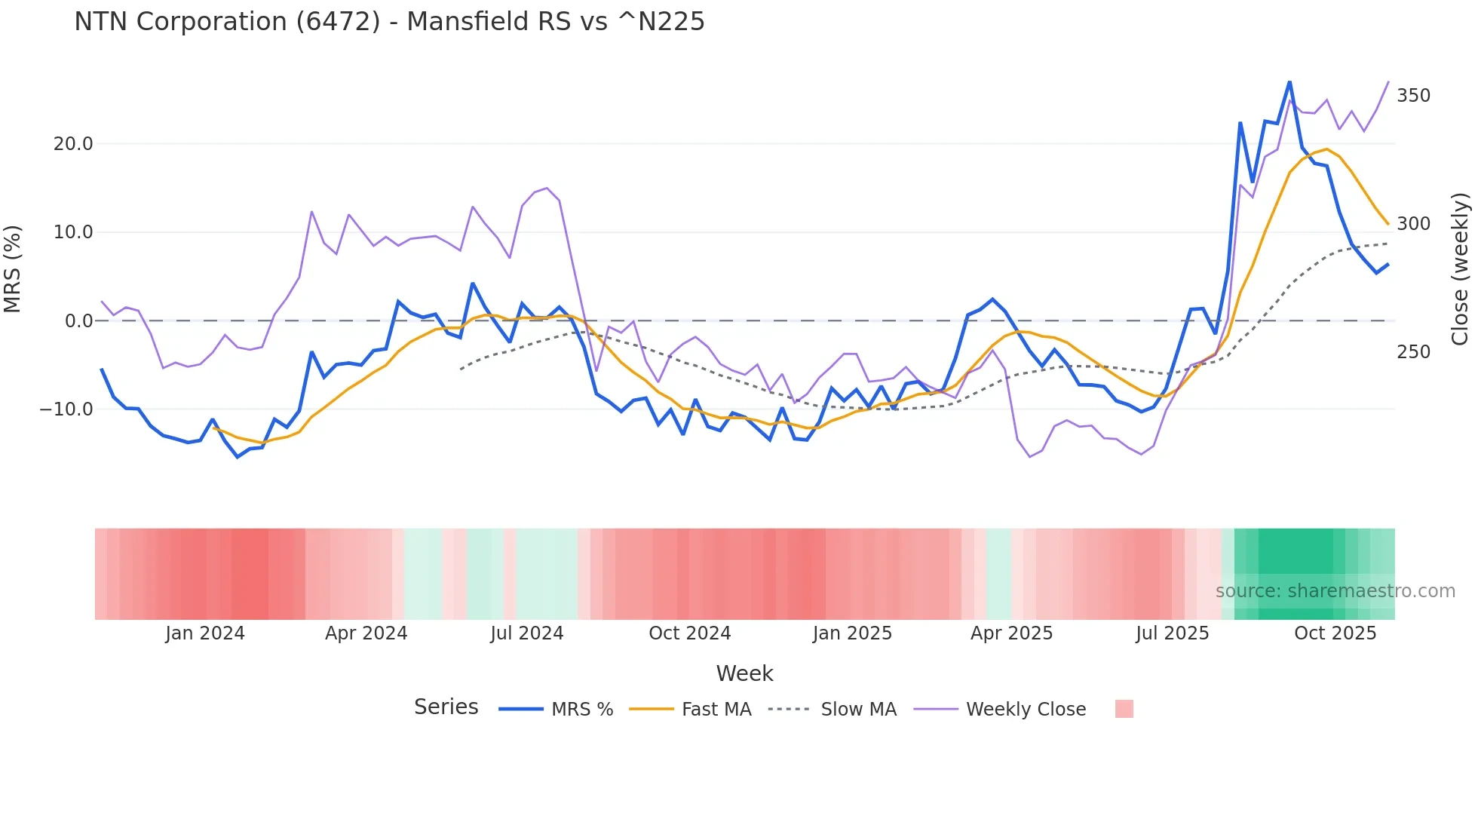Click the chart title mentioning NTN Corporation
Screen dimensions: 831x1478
point(389,22)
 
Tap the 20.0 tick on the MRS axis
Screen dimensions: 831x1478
point(73,144)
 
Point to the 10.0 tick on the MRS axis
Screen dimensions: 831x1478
point(73,232)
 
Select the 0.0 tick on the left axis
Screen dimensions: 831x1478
point(78,321)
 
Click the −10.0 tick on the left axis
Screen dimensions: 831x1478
point(66,409)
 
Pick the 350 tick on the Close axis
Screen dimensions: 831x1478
point(1413,96)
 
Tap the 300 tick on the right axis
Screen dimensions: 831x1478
point(1413,224)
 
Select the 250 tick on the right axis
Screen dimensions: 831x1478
point(1413,352)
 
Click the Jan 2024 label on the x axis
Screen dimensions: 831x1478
point(205,633)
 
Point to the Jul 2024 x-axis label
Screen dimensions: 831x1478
point(527,633)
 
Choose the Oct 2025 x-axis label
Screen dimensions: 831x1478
point(1335,633)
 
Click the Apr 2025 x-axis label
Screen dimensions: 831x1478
point(1011,633)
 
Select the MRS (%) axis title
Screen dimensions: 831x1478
point(13,268)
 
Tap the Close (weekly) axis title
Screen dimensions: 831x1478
point(1460,269)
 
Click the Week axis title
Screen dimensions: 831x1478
point(744,673)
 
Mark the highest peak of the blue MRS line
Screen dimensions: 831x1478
point(1289,81)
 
